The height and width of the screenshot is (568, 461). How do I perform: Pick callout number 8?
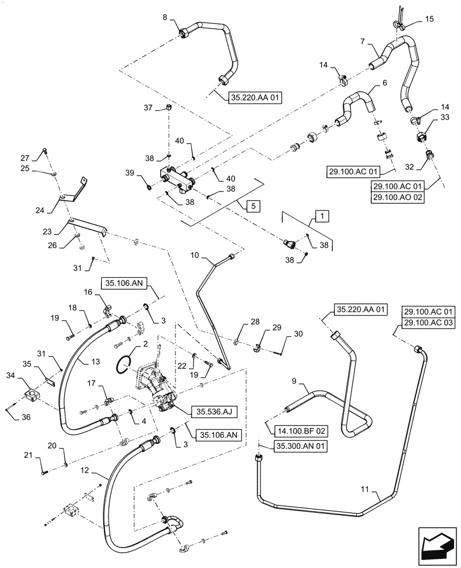(165, 18)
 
